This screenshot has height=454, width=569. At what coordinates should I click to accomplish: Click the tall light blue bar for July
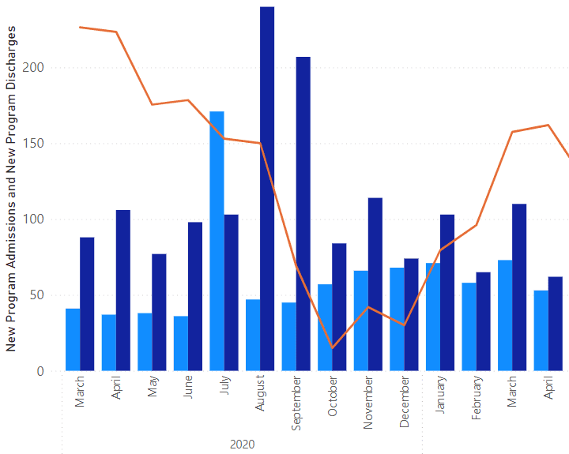(x=217, y=241)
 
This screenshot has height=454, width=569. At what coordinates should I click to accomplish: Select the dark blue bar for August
(x=267, y=189)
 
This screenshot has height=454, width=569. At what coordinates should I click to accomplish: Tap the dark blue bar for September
(x=303, y=213)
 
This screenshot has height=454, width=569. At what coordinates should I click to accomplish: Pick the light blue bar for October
(x=325, y=327)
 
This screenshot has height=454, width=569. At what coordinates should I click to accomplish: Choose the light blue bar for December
(x=397, y=319)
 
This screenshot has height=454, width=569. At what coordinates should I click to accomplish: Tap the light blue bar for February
(x=469, y=326)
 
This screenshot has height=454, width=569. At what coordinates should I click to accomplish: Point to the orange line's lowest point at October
(x=332, y=347)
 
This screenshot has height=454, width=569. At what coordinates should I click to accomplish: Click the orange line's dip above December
(x=405, y=325)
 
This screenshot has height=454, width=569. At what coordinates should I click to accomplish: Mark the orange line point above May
(x=152, y=104)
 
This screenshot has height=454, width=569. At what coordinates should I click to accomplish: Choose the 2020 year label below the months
(x=243, y=445)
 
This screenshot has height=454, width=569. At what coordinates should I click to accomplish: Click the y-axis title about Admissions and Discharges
(x=12, y=188)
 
